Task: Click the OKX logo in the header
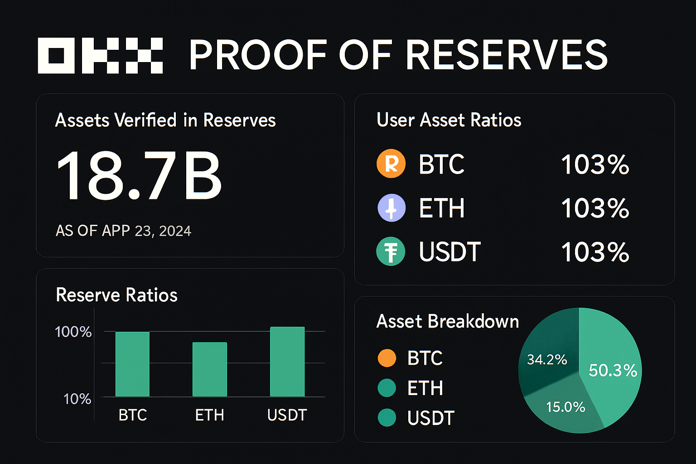click(x=100, y=56)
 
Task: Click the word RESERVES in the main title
click(x=506, y=55)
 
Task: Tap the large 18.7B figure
click(x=139, y=175)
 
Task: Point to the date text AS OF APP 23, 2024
click(x=123, y=231)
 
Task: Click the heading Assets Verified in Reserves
click(x=165, y=120)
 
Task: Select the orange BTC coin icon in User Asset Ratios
click(x=391, y=164)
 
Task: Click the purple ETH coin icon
click(x=391, y=208)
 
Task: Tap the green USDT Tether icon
click(x=391, y=251)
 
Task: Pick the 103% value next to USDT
click(x=595, y=252)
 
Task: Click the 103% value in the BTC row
click(x=595, y=164)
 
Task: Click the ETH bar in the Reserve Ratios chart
click(x=209, y=369)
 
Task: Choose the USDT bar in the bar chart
click(x=287, y=362)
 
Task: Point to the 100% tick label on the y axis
click(x=73, y=332)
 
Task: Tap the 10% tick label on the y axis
click(x=77, y=399)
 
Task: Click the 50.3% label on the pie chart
click(x=613, y=371)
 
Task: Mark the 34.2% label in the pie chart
click(x=547, y=360)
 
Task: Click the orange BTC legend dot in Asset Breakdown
click(x=387, y=358)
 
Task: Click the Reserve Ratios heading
click(x=116, y=295)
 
